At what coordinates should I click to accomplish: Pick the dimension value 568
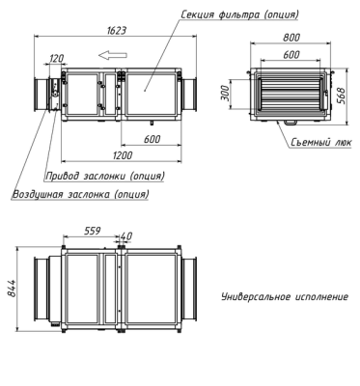(342, 95)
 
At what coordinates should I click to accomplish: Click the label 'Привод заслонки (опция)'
(104, 177)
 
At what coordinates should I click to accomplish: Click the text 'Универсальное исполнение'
(285, 295)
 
